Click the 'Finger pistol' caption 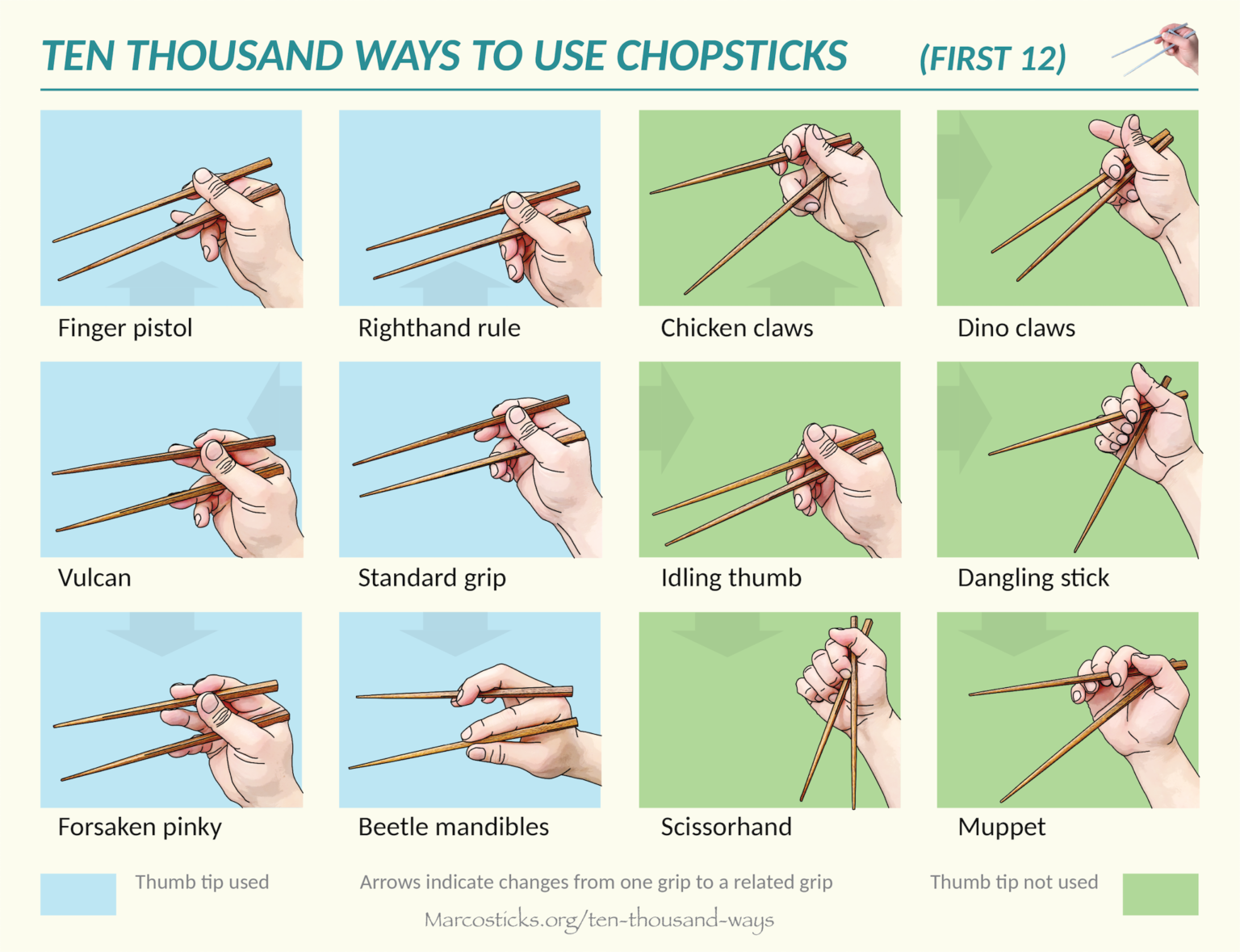pyautogui.click(x=125, y=328)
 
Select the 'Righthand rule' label pyautogui.click(x=439, y=328)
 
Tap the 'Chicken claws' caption pyautogui.click(x=737, y=328)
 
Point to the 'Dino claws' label pyautogui.click(x=1016, y=328)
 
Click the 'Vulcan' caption pyautogui.click(x=94, y=577)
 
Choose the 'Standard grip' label pyautogui.click(x=432, y=578)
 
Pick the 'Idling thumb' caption pyautogui.click(x=731, y=578)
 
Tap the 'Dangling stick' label pyautogui.click(x=1033, y=578)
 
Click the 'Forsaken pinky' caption pyautogui.click(x=140, y=828)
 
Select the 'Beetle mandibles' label pyautogui.click(x=453, y=827)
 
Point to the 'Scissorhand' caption pyautogui.click(x=727, y=827)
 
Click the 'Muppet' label pyautogui.click(x=1002, y=828)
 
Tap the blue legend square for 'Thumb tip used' pyautogui.click(x=78, y=894)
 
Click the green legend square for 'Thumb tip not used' pyautogui.click(x=1161, y=894)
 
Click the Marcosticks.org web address pyautogui.click(x=599, y=920)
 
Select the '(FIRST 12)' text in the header pyautogui.click(x=992, y=58)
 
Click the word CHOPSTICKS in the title pyautogui.click(x=732, y=56)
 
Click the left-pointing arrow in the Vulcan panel pyautogui.click(x=274, y=407)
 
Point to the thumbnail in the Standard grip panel pyautogui.click(x=517, y=415)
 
